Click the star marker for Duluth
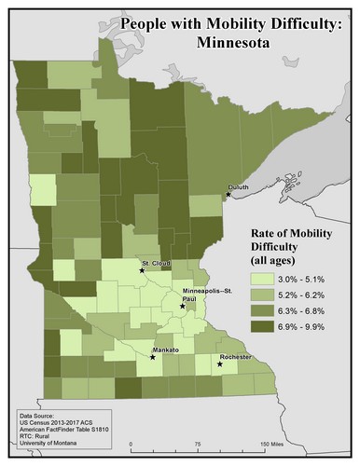click(227, 195)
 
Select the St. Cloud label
click(155, 264)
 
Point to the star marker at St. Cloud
click(142, 270)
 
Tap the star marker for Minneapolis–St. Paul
click(183, 305)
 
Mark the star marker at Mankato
click(153, 356)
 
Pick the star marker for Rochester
click(220, 363)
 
